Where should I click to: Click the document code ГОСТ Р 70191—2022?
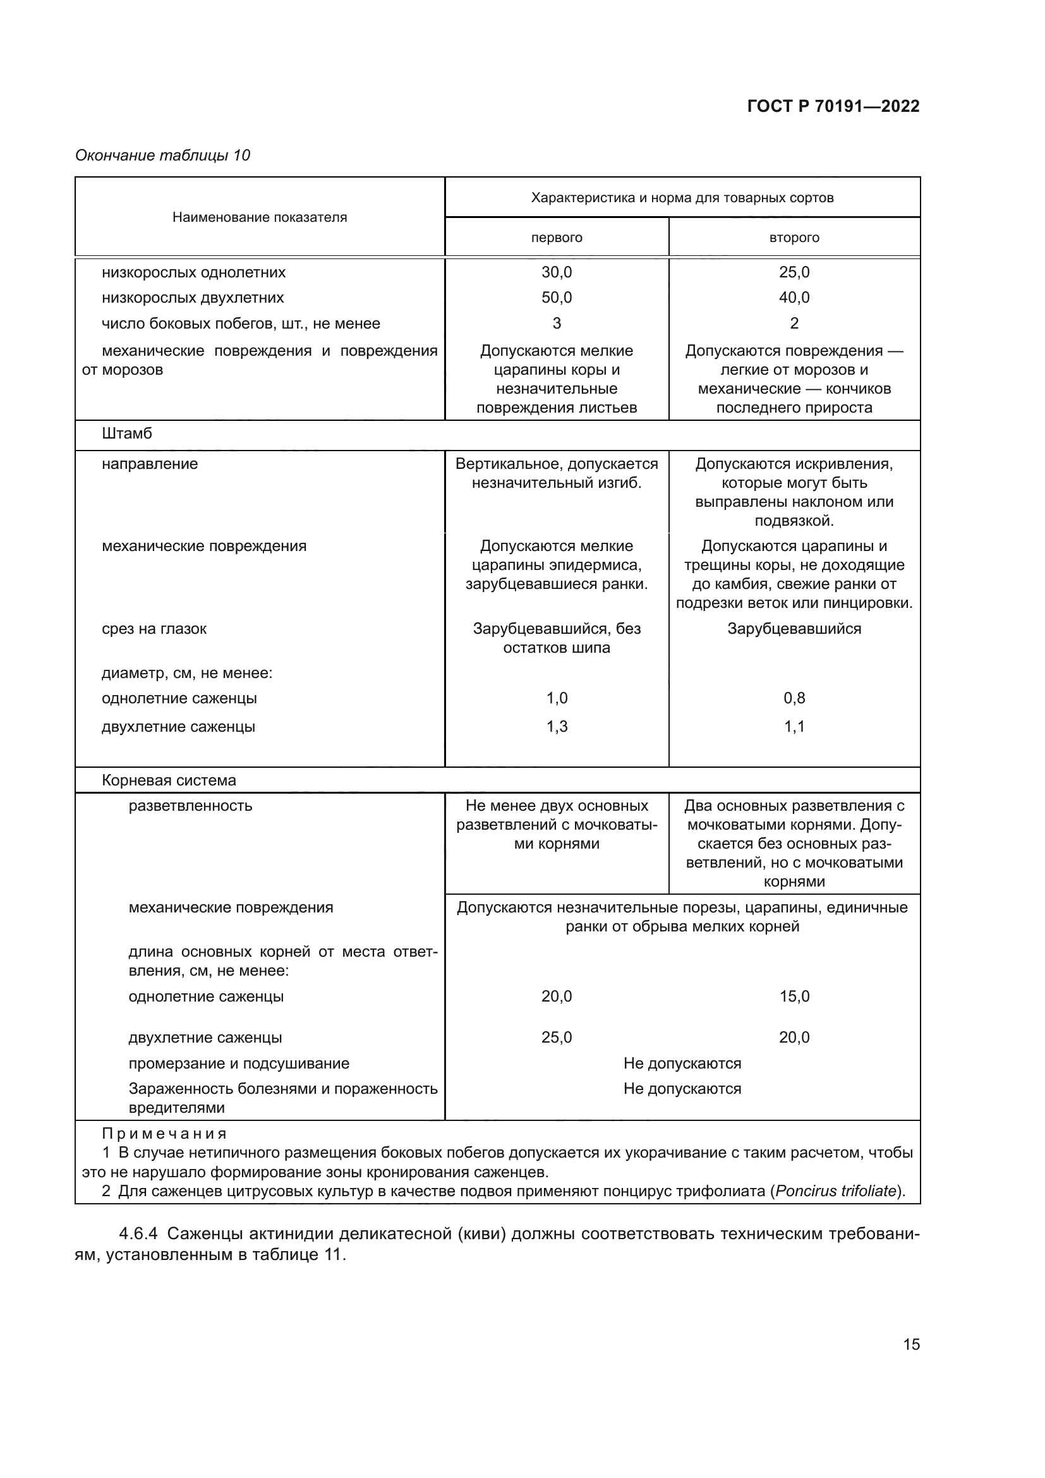point(833,106)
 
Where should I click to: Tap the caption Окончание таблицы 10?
point(162,155)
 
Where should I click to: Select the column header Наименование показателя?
point(259,217)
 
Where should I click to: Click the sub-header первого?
point(556,238)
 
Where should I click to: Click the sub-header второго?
point(794,238)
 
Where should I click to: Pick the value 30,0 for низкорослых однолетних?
point(556,272)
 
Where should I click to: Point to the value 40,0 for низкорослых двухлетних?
point(794,298)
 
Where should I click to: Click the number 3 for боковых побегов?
point(556,323)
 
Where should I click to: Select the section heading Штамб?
point(127,434)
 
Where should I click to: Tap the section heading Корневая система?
point(169,780)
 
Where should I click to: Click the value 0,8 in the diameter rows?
point(794,698)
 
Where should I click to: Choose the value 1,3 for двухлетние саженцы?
point(556,726)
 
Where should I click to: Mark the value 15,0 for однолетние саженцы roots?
point(794,996)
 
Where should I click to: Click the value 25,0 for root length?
point(556,1037)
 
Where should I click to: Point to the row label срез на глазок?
point(154,629)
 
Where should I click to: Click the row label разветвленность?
point(190,806)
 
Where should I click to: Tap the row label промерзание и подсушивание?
point(238,1063)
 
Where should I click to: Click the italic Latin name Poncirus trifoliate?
point(835,1191)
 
